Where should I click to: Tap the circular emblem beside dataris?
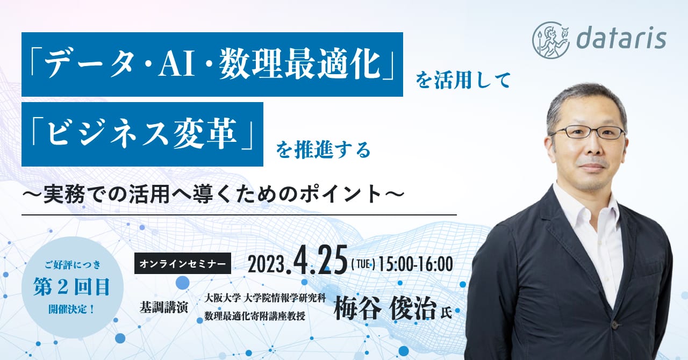(x=551, y=40)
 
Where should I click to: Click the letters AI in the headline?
(x=177, y=65)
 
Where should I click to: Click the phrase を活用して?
(x=463, y=81)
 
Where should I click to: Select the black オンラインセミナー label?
(x=183, y=263)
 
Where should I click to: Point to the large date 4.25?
(x=321, y=260)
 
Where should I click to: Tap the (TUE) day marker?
(x=363, y=264)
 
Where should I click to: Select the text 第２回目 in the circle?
(x=71, y=286)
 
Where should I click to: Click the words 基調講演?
(x=164, y=307)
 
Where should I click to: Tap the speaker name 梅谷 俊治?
(x=385, y=308)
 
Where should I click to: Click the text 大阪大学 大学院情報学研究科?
(x=265, y=298)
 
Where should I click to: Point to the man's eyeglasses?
(x=587, y=133)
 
